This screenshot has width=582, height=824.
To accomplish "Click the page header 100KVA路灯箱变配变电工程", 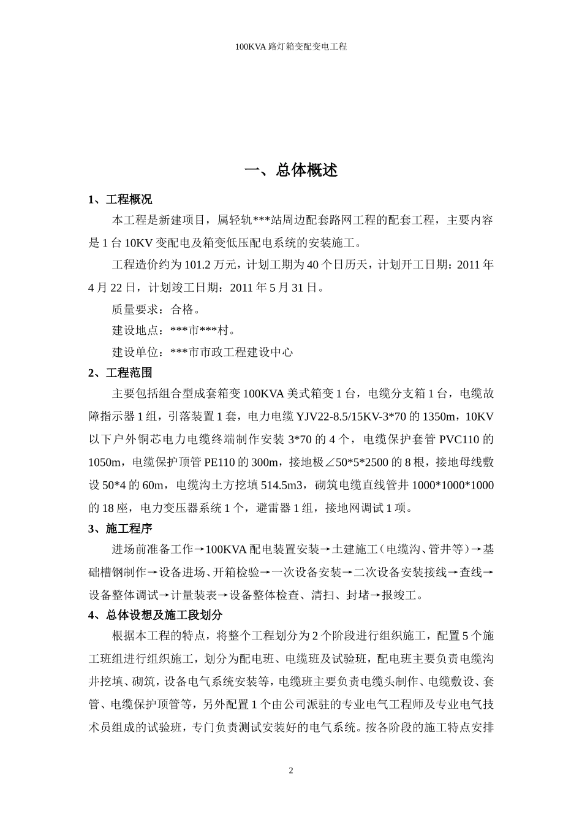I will [x=291, y=47].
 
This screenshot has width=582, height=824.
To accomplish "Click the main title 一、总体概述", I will [x=291, y=170].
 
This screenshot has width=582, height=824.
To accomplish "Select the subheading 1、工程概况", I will [x=120, y=200].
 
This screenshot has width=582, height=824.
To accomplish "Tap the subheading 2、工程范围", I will [x=120, y=373].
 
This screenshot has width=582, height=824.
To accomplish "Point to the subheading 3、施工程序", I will [x=120, y=528].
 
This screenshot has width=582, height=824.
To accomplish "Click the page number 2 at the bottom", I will [x=291, y=771].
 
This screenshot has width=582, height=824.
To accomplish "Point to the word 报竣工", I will [x=398, y=595].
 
